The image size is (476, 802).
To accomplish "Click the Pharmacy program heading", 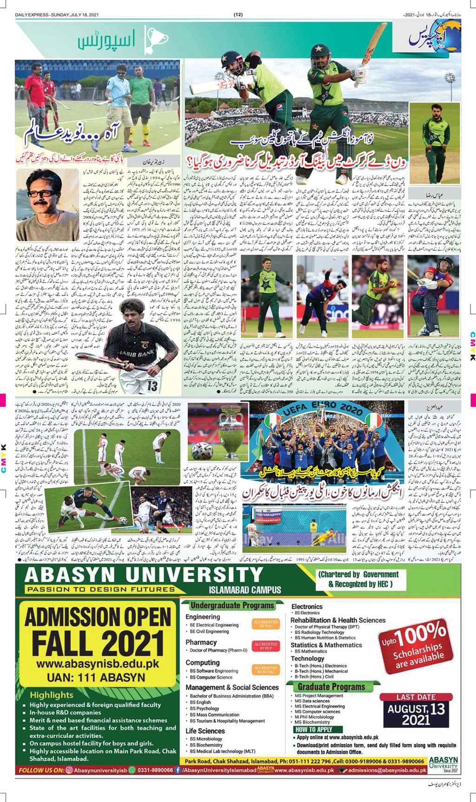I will (x=201, y=642).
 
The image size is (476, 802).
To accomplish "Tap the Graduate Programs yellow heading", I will (x=331, y=687).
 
